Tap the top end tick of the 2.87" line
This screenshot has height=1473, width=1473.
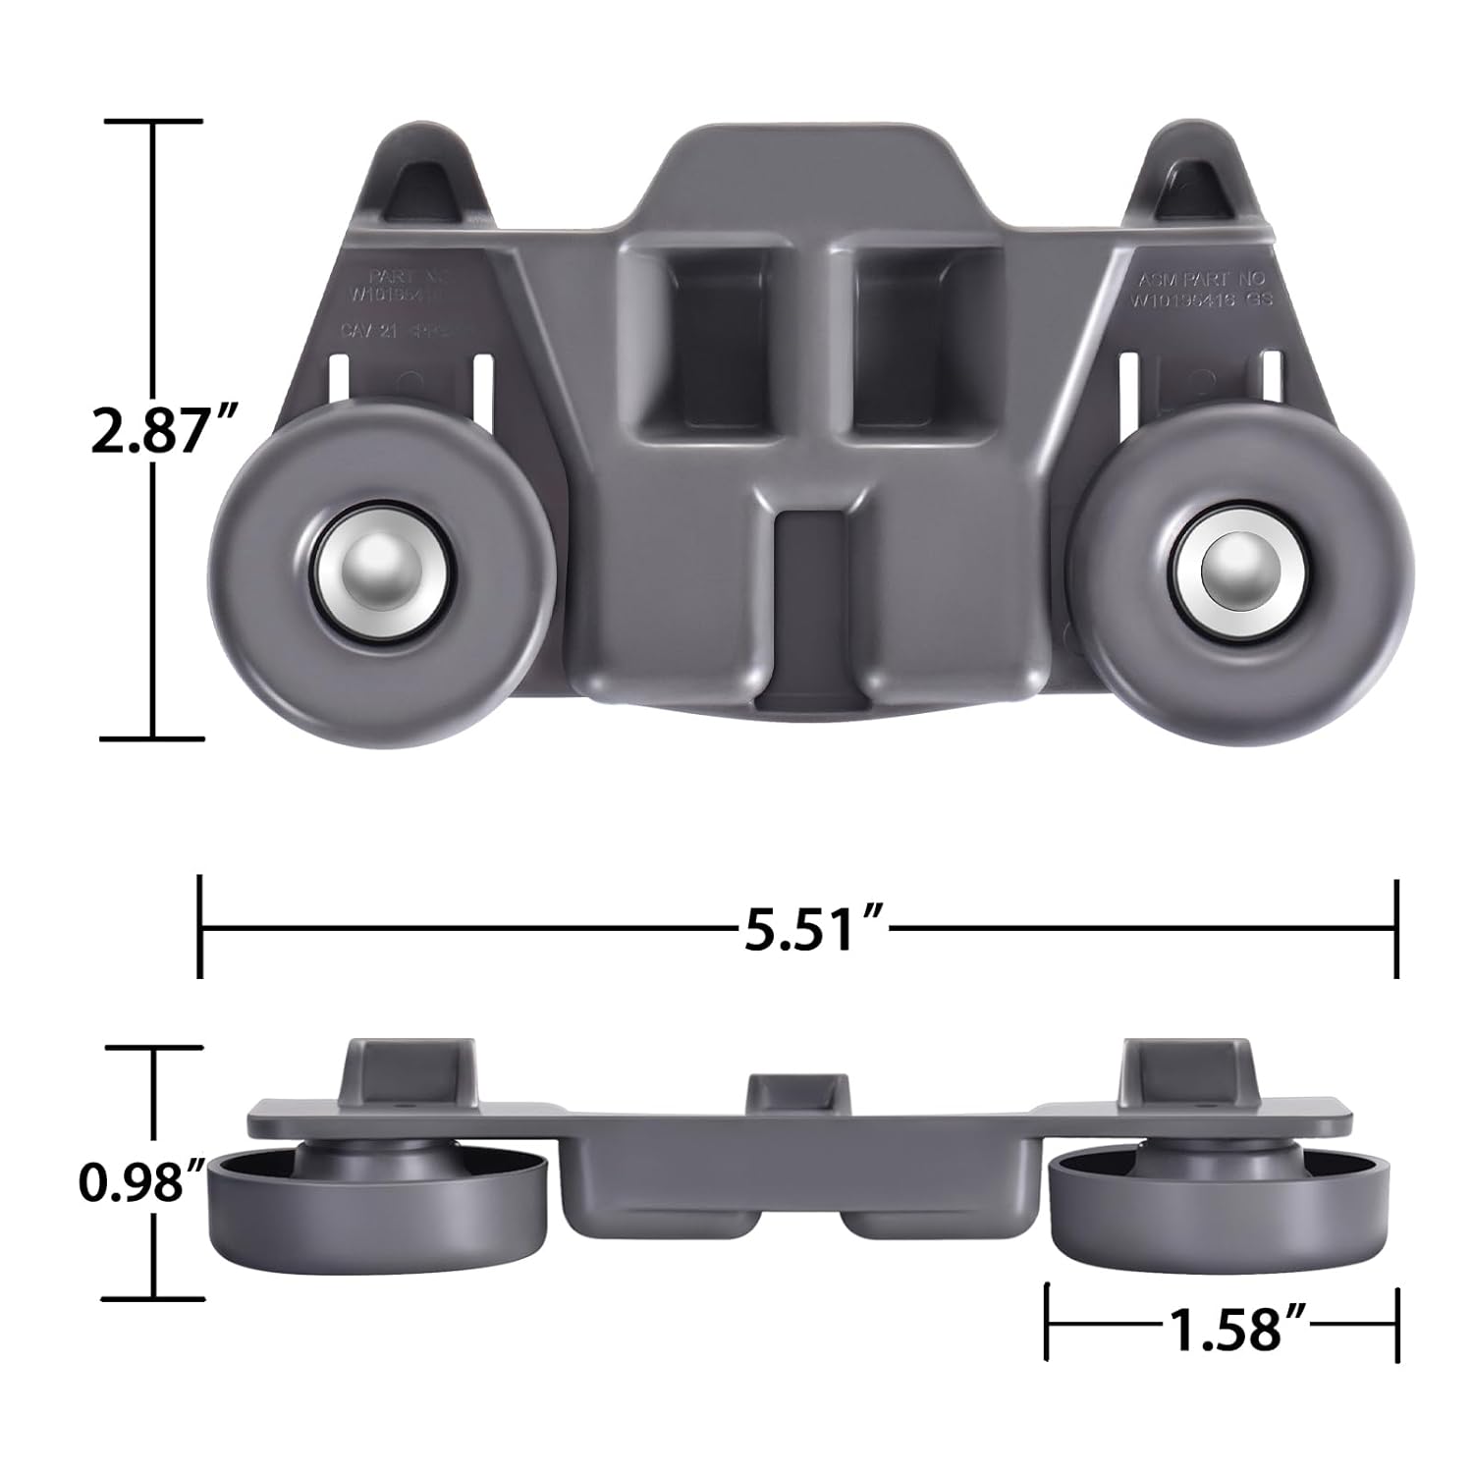point(153,122)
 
